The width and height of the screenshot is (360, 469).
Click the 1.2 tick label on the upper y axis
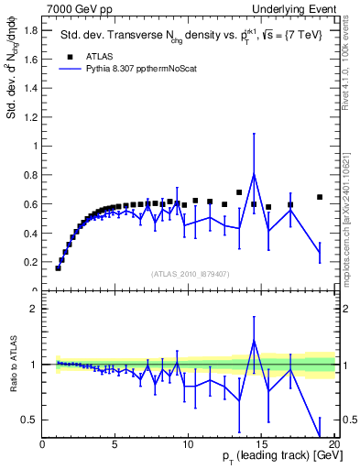pyautogui.click(x=31, y=116)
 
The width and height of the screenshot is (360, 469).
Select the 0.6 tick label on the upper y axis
pyautogui.click(x=31, y=204)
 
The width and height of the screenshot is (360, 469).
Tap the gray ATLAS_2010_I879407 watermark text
pyautogui.click(x=189, y=273)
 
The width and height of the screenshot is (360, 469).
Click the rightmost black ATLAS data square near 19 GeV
pyautogui.click(x=320, y=197)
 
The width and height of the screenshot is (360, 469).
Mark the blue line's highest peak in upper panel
pyautogui.click(x=254, y=174)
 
